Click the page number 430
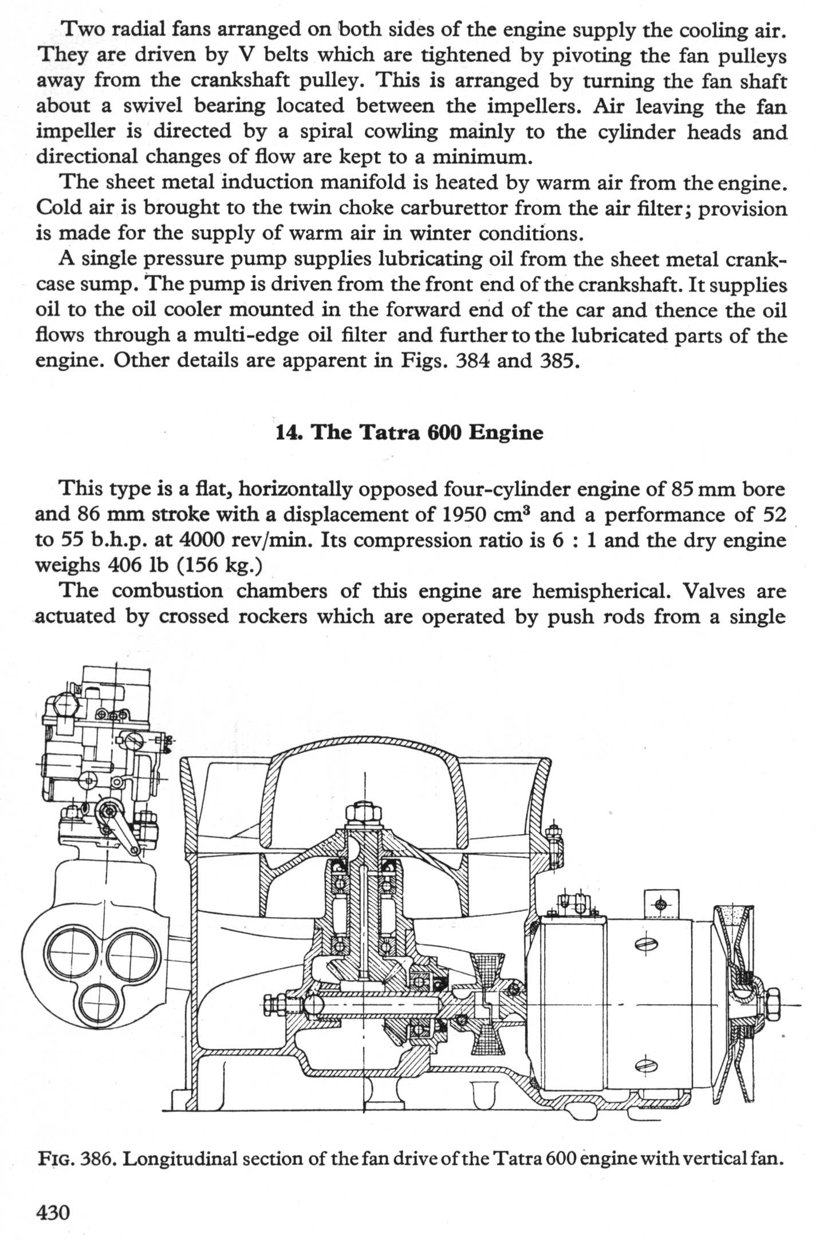tap(53, 1212)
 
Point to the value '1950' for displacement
tap(465, 514)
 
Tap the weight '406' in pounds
tap(125, 565)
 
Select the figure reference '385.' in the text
tap(557, 361)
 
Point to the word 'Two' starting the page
tap(82, 29)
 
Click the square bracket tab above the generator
tap(661, 906)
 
